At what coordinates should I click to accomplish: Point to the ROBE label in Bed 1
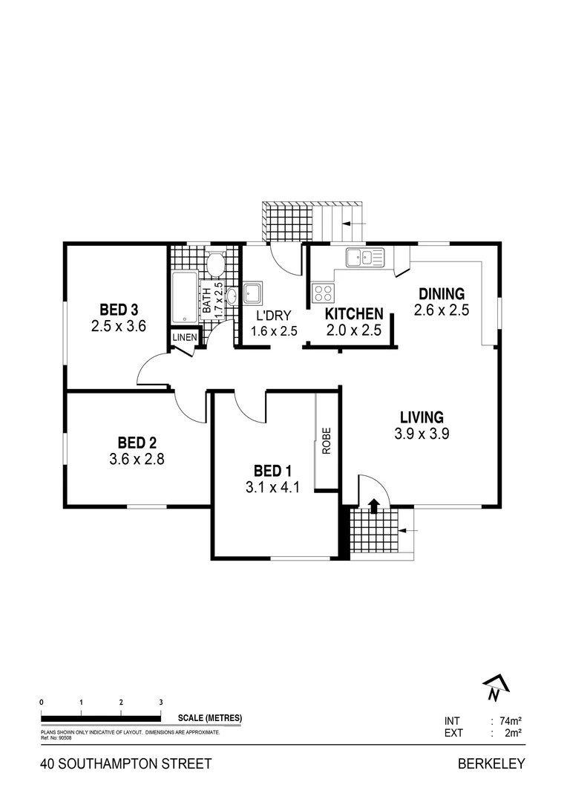pyautogui.click(x=326, y=443)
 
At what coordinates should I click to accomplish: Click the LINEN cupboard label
pyautogui.click(x=184, y=338)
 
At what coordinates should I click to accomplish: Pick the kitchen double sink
pyautogui.click(x=364, y=258)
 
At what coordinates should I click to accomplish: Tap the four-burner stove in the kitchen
pyautogui.click(x=323, y=293)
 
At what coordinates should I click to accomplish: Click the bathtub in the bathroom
pyautogui.click(x=185, y=297)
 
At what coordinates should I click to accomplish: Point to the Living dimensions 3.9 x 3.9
pyautogui.click(x=422, y=434)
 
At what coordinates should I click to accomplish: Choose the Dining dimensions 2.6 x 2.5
pyautogui.click(x=442, y=310)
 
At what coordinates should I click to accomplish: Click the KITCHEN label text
pyautogui.click(x=354, y=315)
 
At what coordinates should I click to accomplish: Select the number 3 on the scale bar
pyautogui.click(x=160, y=702)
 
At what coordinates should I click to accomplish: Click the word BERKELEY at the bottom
pyautogui.click(x=491, y=763)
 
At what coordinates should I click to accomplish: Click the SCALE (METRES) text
pyautogui.click(x=210, y=718)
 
